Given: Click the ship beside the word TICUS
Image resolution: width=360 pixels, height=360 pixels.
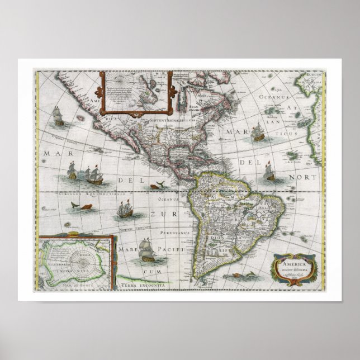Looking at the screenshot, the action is coord(258,132).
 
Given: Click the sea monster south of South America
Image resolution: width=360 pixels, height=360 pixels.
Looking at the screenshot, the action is coord(243,276).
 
